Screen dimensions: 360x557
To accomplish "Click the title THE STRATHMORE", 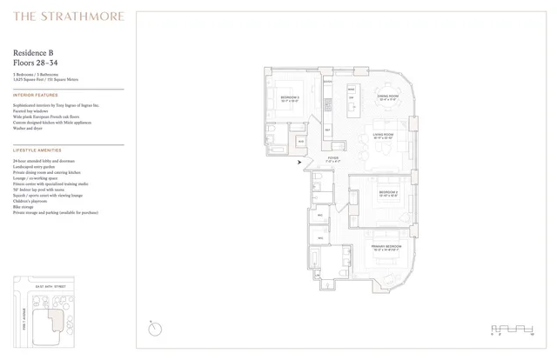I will (x=69, y=16).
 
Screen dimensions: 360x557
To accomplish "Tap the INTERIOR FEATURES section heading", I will (x=36, y=94).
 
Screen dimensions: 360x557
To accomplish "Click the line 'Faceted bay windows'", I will (x=33, y=109).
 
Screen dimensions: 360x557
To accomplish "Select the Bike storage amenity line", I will (x=25, y=206).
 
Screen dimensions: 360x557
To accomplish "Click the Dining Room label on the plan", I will (x=386, y=97).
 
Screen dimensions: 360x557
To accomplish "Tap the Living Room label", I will (x=384, y=134).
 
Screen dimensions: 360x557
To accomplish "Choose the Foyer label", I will (x=332, y=159).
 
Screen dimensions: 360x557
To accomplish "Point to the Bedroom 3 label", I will (x=290, y=97).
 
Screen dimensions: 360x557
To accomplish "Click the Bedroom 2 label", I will (x=387, y=192).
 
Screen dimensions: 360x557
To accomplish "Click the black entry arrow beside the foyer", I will (x=299, y=162).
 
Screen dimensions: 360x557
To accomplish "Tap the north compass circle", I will (x=155, y=328).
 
